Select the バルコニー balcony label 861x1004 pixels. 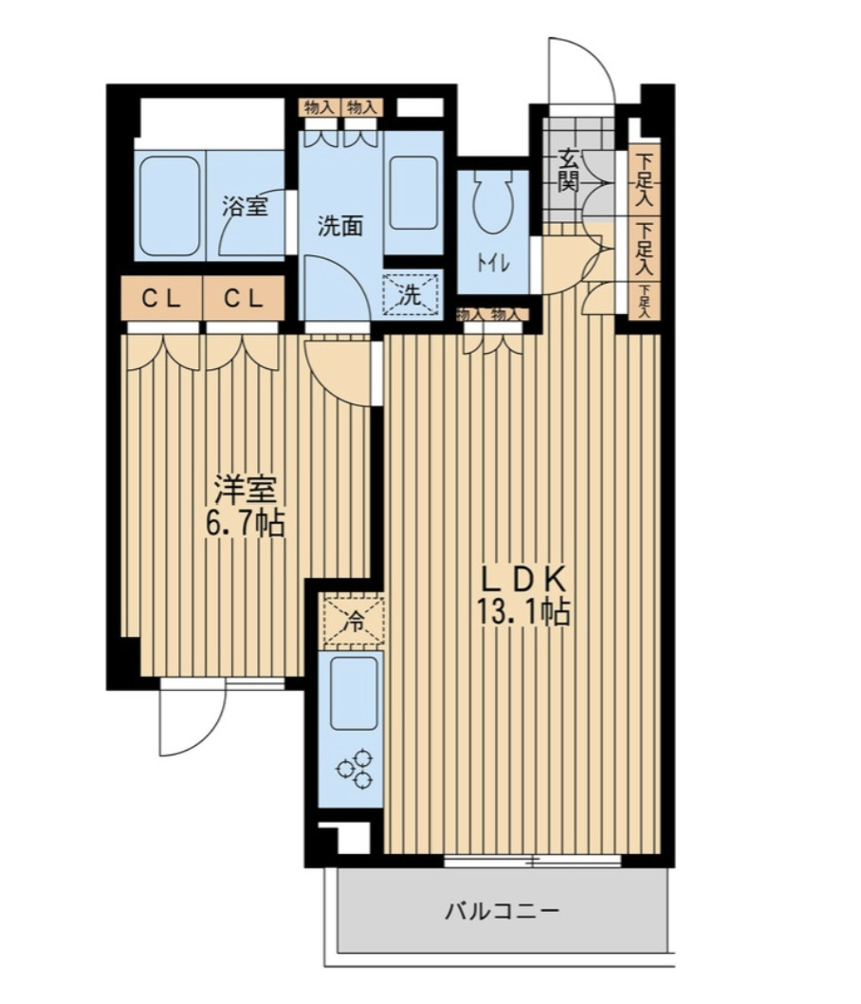coord(503,910)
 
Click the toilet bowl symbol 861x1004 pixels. coord(493,201)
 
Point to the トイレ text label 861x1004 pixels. coord(493,263)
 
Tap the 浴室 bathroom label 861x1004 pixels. coord(245,206)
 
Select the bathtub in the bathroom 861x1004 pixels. coord(170,205)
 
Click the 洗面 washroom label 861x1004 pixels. coord(341,226)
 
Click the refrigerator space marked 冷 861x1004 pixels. coord(353,620)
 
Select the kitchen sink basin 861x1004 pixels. coord(354,692)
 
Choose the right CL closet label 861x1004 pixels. coord(244,298)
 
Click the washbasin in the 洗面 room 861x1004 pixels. coord(413,192)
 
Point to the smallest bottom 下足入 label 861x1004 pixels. coord(645,301)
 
